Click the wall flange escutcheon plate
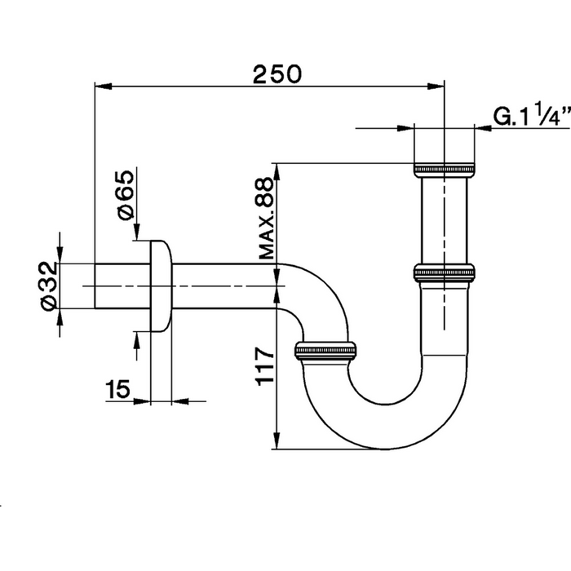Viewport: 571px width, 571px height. [x=162, y=285]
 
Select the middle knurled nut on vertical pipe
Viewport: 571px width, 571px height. [x=445, y=272]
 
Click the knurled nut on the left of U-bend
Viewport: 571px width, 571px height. [x=325, y=352]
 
